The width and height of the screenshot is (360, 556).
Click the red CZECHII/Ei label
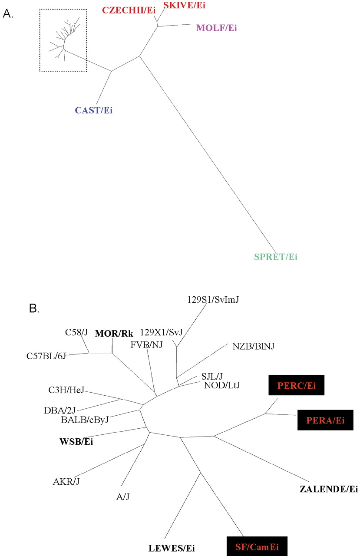[x=129, y=10]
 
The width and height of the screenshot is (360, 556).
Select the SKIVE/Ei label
[x=184, y=5]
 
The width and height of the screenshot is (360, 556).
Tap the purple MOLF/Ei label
[x=217, y=28]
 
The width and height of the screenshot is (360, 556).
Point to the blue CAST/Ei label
[x=94, y=110]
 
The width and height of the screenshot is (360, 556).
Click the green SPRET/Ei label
[x=276, y=257]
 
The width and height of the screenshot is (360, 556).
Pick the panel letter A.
[x=8, y=14]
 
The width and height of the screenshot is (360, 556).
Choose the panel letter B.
[x=34, y=308]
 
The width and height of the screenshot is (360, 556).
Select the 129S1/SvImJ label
[x=213, y=300]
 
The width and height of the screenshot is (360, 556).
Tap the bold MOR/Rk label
[x=114, y=334]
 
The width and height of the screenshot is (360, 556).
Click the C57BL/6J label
[x=46, y=356]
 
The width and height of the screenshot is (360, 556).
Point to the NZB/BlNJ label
[x=253, y=346]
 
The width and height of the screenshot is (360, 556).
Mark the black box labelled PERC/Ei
[x=297, y=385]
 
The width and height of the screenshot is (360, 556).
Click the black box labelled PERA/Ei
[x=325, y=420]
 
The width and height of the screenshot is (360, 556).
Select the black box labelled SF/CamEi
[x=257, y=546]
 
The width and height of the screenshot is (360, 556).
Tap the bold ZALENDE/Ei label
[x=329, y=489]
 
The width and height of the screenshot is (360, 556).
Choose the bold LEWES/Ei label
[x=172, y=548]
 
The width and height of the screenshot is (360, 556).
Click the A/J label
[x=123, y=496]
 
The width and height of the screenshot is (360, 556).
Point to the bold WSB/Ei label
[x=76, y=442]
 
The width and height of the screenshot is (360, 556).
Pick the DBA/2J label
[x=59, y=410]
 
